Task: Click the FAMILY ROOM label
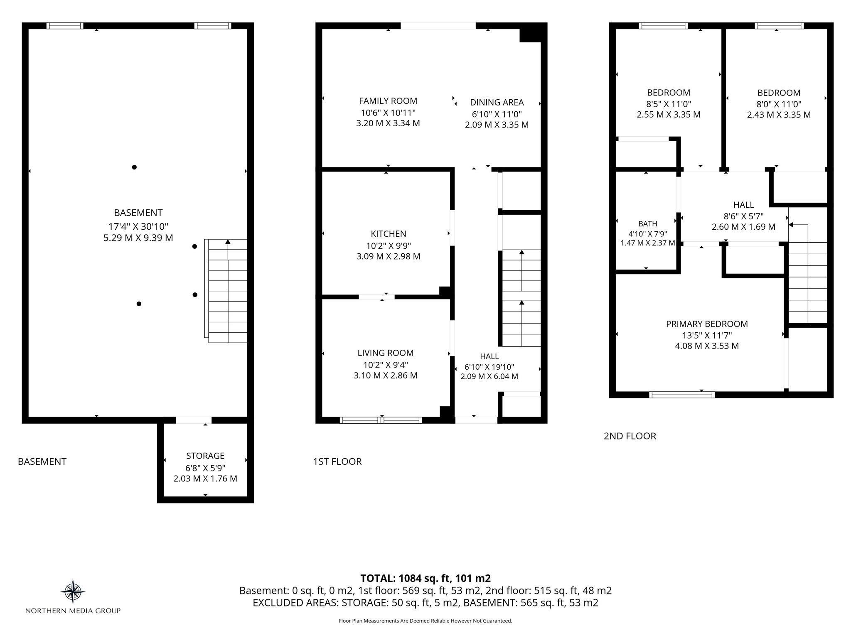(x=388, y=101)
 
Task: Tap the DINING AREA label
(x=497, y=102)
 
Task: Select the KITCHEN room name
(x=389, y=234)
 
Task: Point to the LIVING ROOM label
(x=386, y=353)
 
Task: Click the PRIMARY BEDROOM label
(x=707, y=324)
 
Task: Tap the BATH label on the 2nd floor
(x=648, y=224)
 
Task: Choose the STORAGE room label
(x=205, y=456)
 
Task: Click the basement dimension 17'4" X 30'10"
(x=138, y=226)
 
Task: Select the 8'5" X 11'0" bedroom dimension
(x=669, y=104)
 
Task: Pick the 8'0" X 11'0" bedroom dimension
(x=779, y=104)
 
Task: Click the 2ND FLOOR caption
(x=630, y=436)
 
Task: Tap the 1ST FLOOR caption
(x=337, y=461)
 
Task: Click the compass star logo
(x=73, y=591)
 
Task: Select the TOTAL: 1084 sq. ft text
(x=425, y=578)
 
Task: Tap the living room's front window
(x=381, y=420)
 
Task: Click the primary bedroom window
(x=682, y=395)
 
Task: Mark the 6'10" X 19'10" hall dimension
(x=489, y=367)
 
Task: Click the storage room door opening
(x=194, y=420)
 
